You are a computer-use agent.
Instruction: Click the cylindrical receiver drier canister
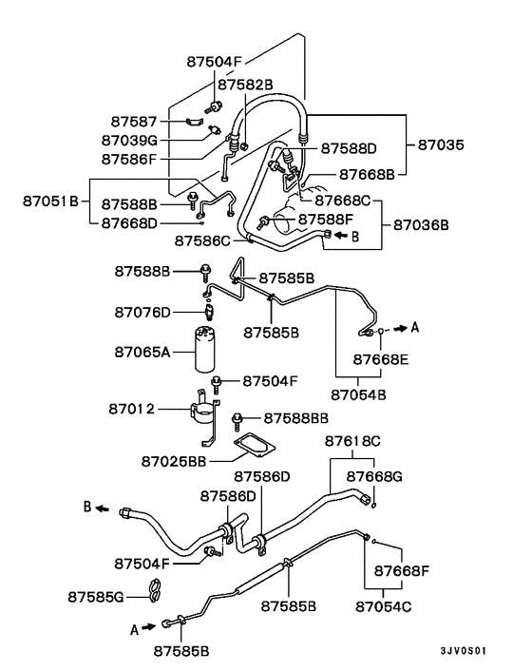206,349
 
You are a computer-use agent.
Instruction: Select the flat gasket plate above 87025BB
251,444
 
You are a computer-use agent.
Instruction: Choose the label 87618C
352,441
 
